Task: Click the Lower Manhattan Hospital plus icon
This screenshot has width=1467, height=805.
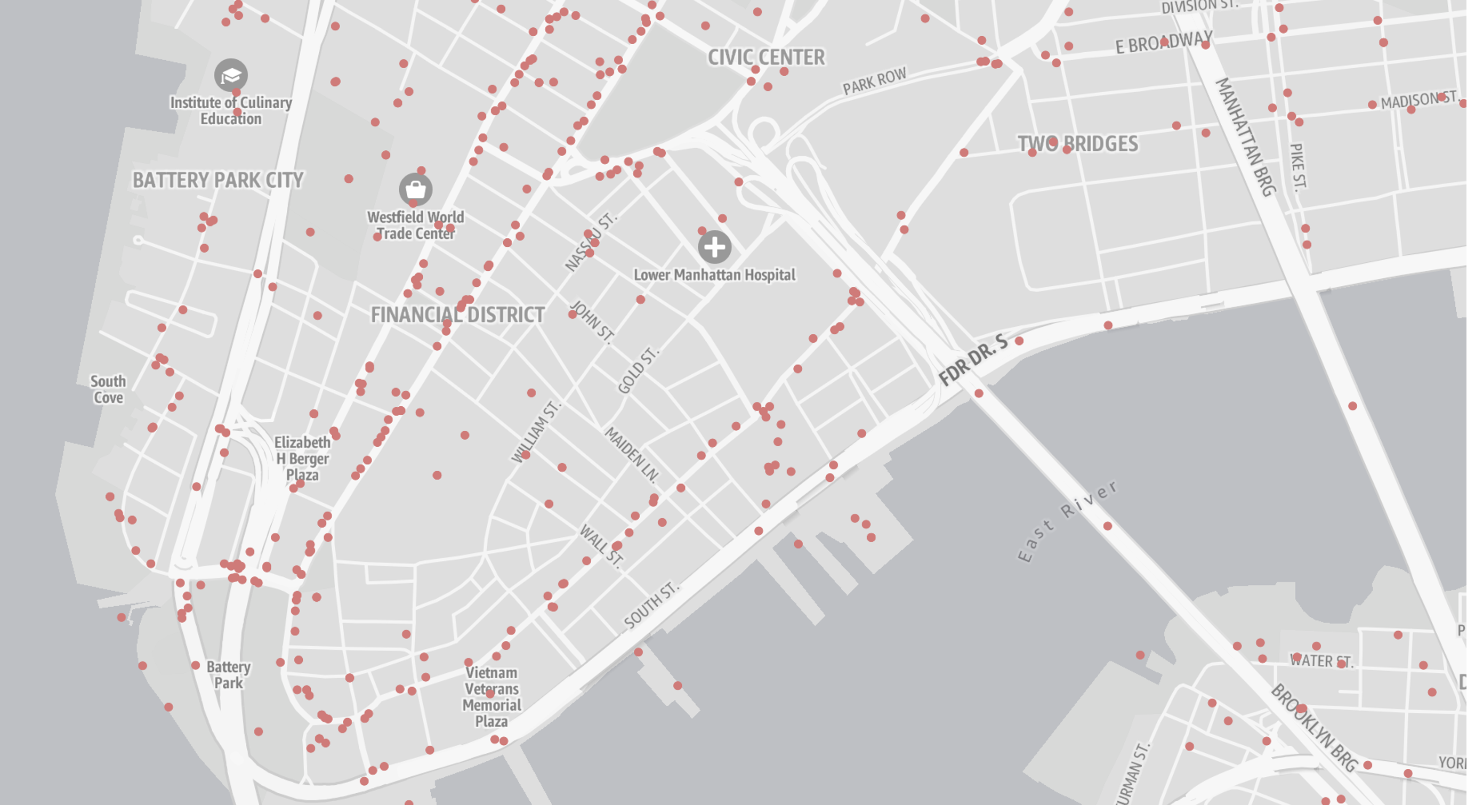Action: [714, 247]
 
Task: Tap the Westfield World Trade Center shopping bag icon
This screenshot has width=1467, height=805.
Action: [415, 189]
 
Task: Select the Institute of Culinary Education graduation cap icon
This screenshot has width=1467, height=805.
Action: [231, 75]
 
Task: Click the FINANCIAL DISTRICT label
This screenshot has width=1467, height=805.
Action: [457, 315]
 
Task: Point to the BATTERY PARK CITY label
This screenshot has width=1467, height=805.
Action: [217, 180]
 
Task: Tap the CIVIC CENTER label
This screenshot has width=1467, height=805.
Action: [765, 57]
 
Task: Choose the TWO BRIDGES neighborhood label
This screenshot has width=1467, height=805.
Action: [1077, 143]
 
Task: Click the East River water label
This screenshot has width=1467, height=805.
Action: [1067, 521]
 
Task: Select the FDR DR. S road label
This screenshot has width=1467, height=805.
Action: [973, 360]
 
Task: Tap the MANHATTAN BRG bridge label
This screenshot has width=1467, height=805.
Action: [1245, 136]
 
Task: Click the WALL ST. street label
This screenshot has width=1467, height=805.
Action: [601, 545]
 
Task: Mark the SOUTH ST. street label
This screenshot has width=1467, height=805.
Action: [651, 605]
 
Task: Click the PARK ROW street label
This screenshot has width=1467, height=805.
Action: [874, 82]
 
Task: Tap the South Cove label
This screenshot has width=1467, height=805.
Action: [108, 389]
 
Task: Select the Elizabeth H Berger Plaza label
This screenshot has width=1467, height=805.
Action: [302, 458]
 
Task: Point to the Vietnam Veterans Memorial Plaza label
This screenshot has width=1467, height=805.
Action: [491, 697]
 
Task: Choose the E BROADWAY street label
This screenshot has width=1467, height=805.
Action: [1164, 42]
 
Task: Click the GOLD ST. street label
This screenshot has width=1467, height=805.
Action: [639, 371]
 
